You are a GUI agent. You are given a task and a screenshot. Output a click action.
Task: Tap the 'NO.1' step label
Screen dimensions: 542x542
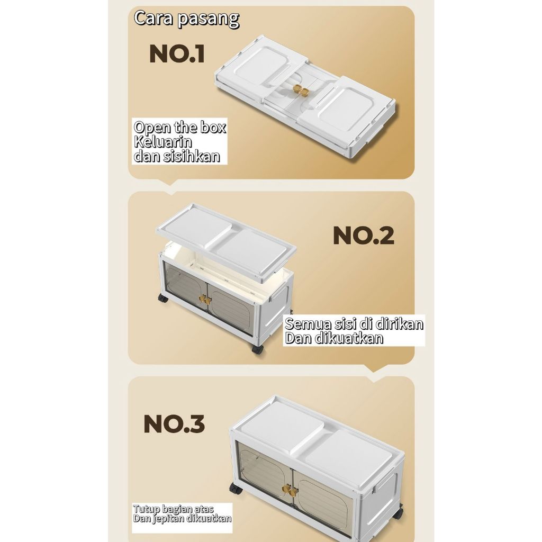pyautogui.click(x=177, y=55)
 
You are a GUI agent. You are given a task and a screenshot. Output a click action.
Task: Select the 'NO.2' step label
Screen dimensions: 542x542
pyautogui.click(x=363, y=236)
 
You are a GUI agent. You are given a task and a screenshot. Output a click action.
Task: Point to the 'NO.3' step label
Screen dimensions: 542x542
pyautogui.click(x=174, y=424)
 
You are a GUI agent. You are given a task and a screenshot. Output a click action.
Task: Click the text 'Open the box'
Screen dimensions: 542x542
pyautogui.click(x=179, y=128)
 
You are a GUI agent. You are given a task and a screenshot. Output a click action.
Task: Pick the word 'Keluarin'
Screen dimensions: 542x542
pyautogui.click(x=163, y=142)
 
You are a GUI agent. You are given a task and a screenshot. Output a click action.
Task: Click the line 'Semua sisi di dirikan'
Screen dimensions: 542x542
pyautogui.click(x=354, y=324)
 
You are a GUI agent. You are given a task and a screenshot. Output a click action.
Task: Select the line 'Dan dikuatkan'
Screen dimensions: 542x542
pyautogui.click(x=334, y=339)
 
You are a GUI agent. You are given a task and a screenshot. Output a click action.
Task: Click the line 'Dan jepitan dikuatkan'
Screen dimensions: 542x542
pyautogui.click(x=182, y=519)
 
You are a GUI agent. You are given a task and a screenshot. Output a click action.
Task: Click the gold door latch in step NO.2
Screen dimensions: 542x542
pyautogui.click(x=205, y=300)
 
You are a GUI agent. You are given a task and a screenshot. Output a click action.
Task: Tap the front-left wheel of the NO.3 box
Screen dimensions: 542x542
pyautogui.click(x=236, y=489)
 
